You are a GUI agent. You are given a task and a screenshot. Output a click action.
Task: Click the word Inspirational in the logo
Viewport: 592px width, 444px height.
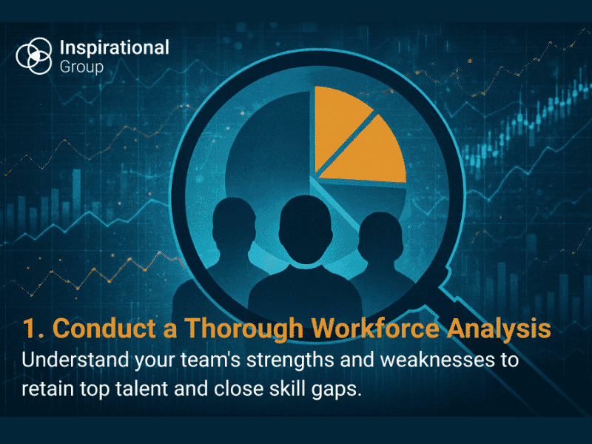(x=113, y=48)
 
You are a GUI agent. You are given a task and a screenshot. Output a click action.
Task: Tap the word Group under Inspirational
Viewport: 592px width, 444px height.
(x=81, y=67)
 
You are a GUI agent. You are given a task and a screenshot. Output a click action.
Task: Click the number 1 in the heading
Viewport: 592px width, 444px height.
(x=29, y=329)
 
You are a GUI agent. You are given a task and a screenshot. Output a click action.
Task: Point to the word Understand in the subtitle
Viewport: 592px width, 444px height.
(x=71, y=361)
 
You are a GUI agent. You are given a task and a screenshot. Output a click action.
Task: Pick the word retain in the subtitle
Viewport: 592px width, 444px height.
(x=46, y=389)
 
